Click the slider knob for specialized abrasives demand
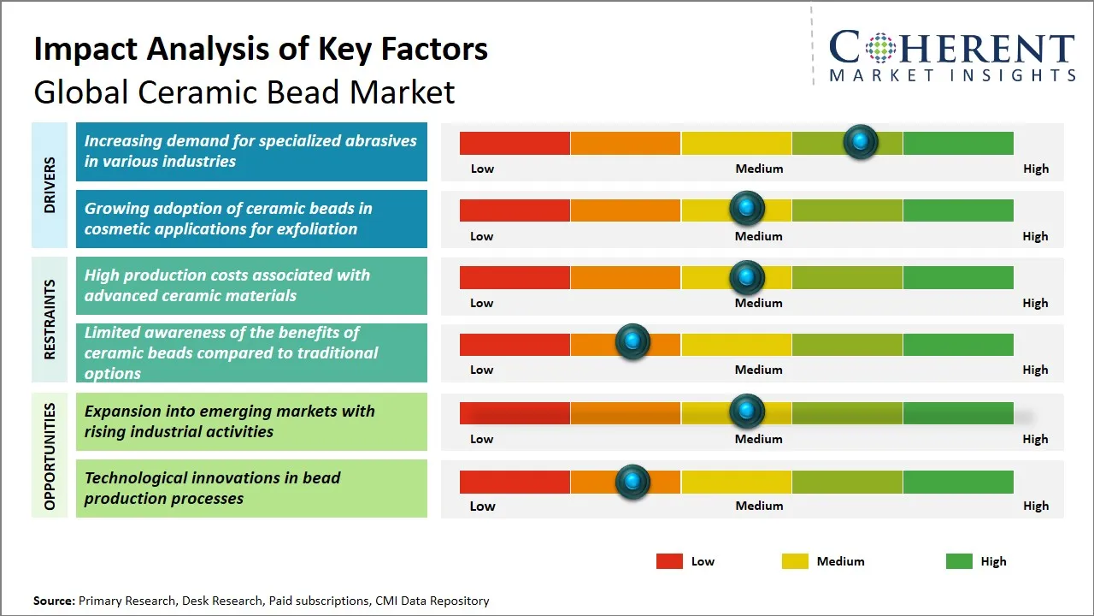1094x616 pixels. point(861,141)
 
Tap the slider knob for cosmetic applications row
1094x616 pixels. point(747,208)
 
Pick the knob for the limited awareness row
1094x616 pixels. point(632,342)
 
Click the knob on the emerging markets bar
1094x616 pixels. point(747,412)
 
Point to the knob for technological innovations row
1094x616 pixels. point(632,482)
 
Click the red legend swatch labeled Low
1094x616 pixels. point(669,561)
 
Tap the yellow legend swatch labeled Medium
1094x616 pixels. point(795,561)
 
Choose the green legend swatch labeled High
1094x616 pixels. point(959,561)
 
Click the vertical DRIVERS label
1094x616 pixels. point(50,185)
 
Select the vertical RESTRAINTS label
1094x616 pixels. point(50,319)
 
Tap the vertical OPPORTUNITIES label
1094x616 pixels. point(50,456)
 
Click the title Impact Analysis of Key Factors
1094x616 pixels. point(261,49)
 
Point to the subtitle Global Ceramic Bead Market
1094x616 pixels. point(244,92)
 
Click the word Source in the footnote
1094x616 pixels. point(53,601)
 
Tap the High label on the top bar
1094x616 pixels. point(1035,169)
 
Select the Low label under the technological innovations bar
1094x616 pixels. point(482,506)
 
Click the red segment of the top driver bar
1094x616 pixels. point(515,143)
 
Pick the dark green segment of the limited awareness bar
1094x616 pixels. point(957,344)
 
